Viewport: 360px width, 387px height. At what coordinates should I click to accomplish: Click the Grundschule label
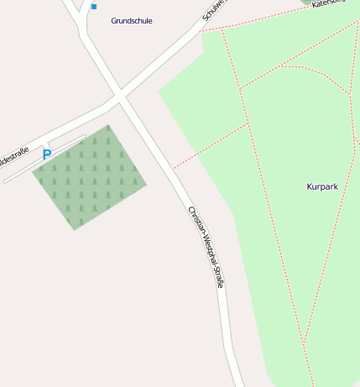pyautogui.click(x=132, y=21)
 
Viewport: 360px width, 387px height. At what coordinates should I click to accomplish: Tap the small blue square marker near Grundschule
pyautogui.click(x=94, y=7)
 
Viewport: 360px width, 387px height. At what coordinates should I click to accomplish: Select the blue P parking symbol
pyautogui.click(x=47, y=154)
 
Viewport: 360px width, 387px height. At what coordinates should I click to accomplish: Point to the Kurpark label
pyautogui.click(x=322, y=186)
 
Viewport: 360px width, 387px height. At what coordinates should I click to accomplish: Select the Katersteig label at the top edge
pyautogui.click(x=329, y=4)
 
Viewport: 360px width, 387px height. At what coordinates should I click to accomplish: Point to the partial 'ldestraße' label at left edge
pyautogui.click(x=14, y=155)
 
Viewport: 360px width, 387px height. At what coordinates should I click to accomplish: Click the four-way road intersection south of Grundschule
pyautogui.click(x=121, y=98)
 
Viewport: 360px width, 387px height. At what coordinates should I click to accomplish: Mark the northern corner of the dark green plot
pyautogui.click(x=107, y=126)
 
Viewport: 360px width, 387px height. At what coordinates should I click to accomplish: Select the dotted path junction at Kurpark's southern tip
pyautogui.click(x=305, y=342)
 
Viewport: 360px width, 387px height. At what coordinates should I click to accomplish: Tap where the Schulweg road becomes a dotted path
pyautogui.click(x=202, y=30)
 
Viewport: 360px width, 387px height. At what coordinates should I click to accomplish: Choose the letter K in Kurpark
pyautogui.click(x=310, y=186)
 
